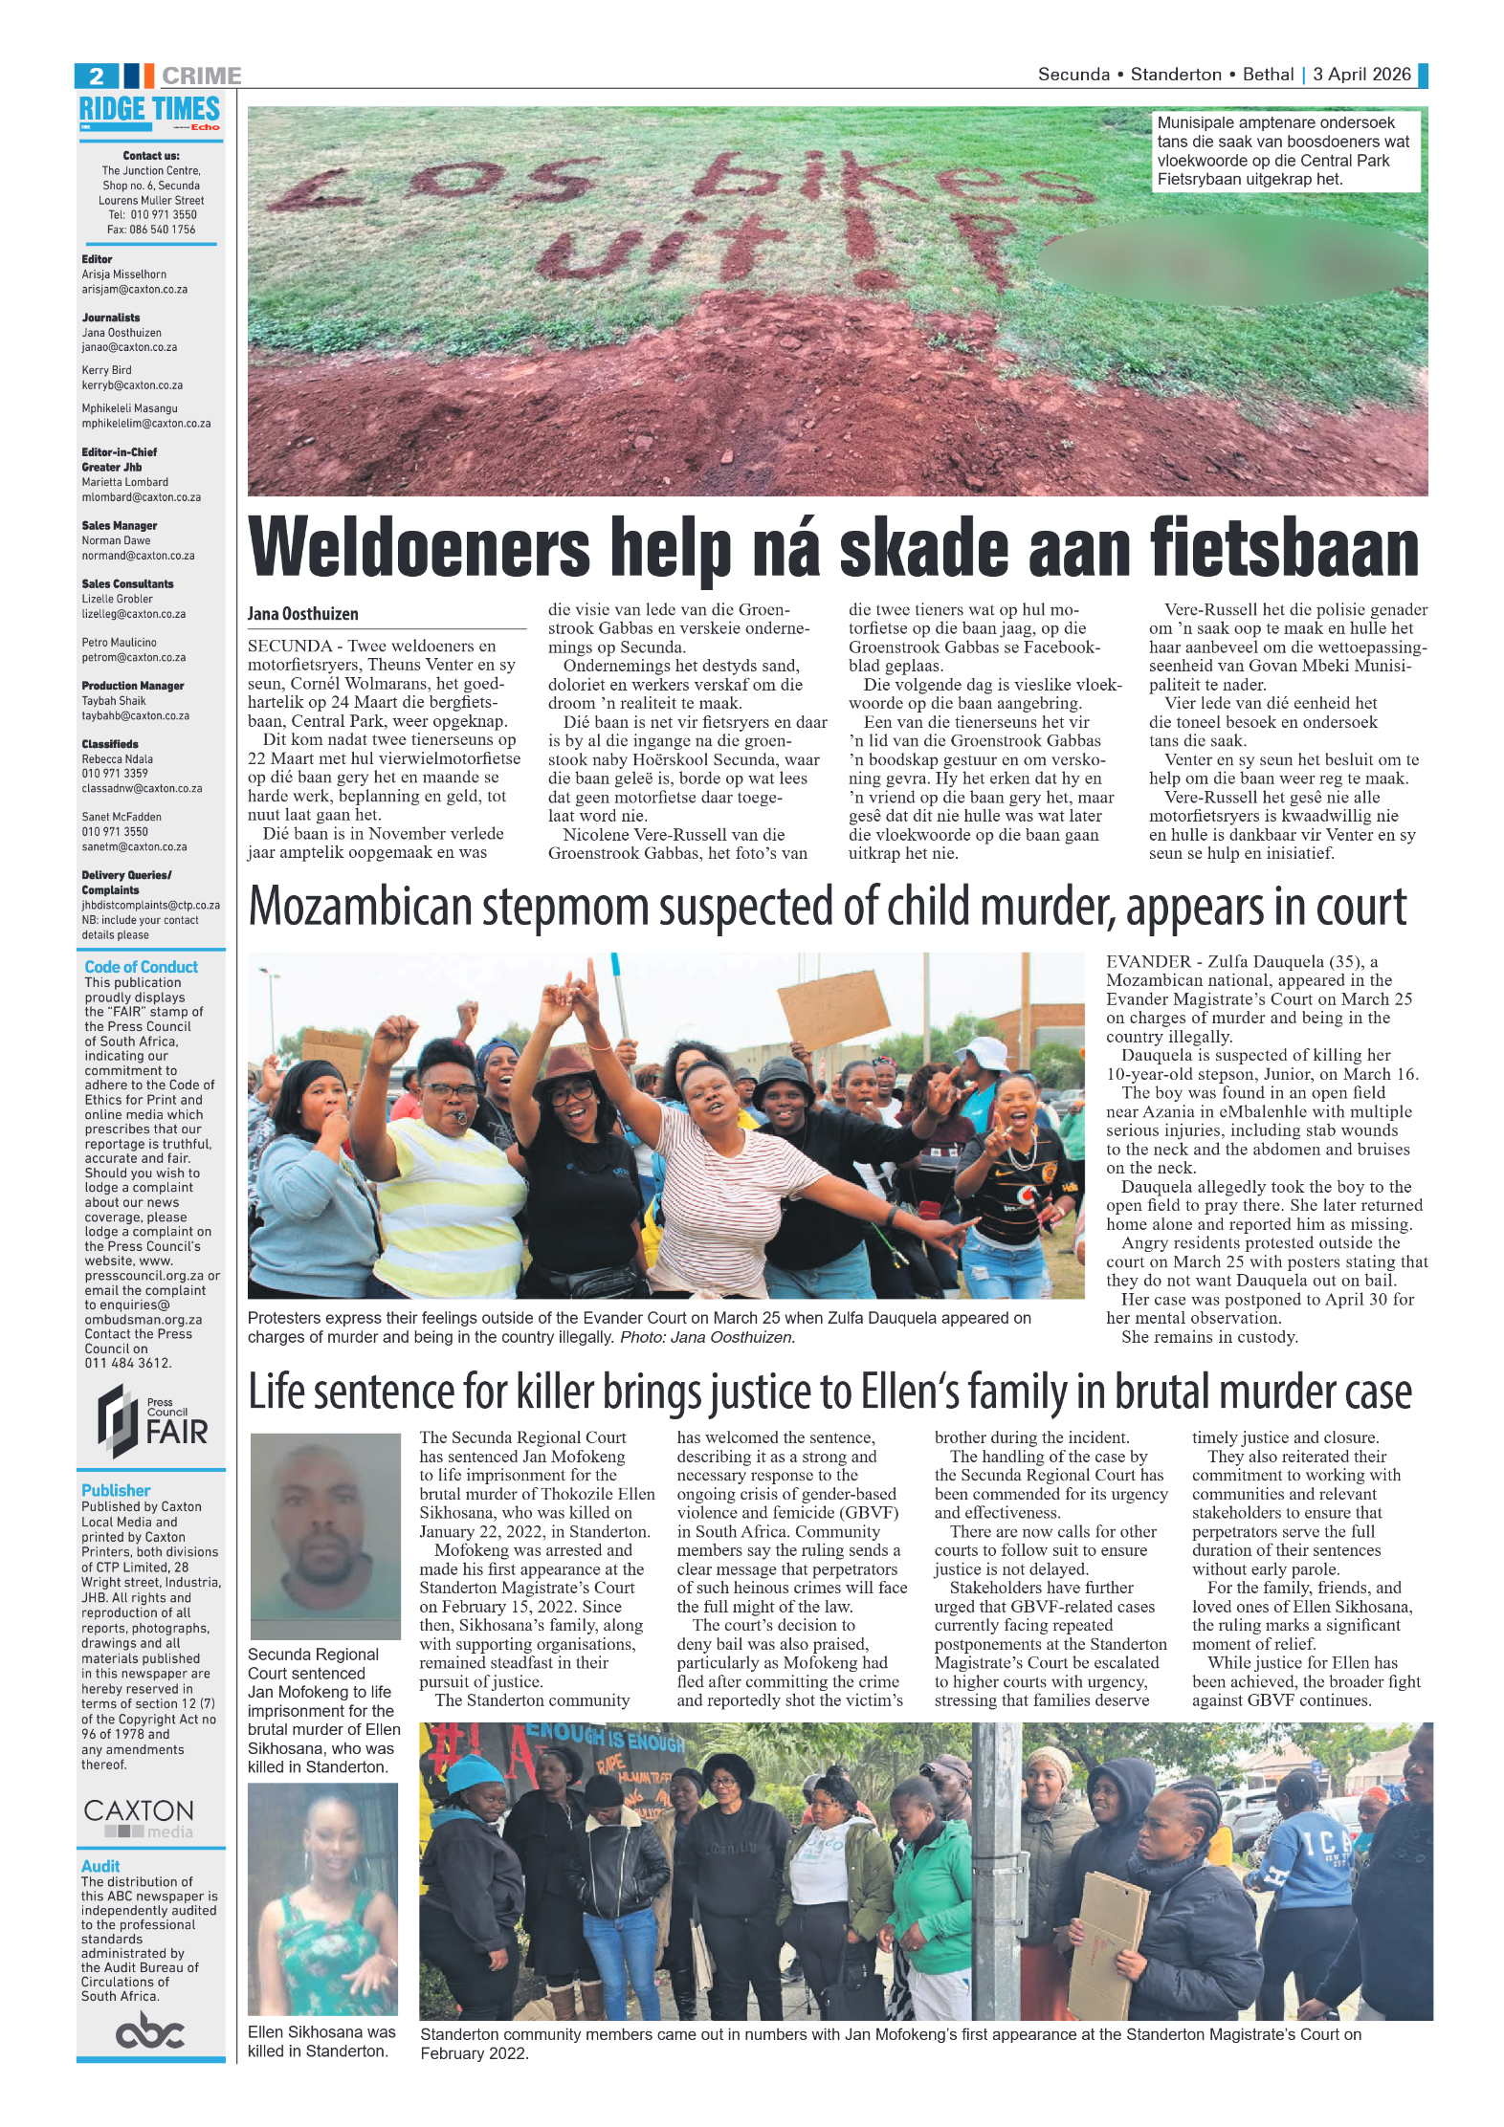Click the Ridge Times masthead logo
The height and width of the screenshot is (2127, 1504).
pyautogui.click(x=149, y=112)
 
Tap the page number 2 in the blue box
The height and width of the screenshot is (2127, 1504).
pyautogui.click(x=97, y=76)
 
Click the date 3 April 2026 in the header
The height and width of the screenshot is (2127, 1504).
pyautogui.click(x=1361, y=75)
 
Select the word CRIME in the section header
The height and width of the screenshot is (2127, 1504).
pyautogui.click(x=201, y=76)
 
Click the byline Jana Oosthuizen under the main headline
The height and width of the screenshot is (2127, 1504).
pyautogui.click(x=302, y=614)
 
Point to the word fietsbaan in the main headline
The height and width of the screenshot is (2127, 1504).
pyautogui.click(x=1285, y=548)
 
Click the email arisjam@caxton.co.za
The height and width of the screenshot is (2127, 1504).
pyautogui.click(x=134, y=290)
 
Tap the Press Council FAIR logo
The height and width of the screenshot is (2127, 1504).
pyautogui.click(x=151, y=1422)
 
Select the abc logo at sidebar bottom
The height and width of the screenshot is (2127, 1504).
pyautogui.click(x=149, y=2031)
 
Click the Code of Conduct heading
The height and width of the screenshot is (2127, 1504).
pyautogui.click(x=141, y=967)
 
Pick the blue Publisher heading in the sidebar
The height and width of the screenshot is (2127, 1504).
pyautogui.click(x=116, y=1490)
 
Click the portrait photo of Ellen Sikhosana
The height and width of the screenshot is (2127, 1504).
pyautogui.click(x=322, y=1898)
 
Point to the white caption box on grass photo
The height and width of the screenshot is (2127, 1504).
pyautogui.click(x=1284, y=151)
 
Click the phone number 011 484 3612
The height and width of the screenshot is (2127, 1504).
pyautogui.click(x=127, y=1363)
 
